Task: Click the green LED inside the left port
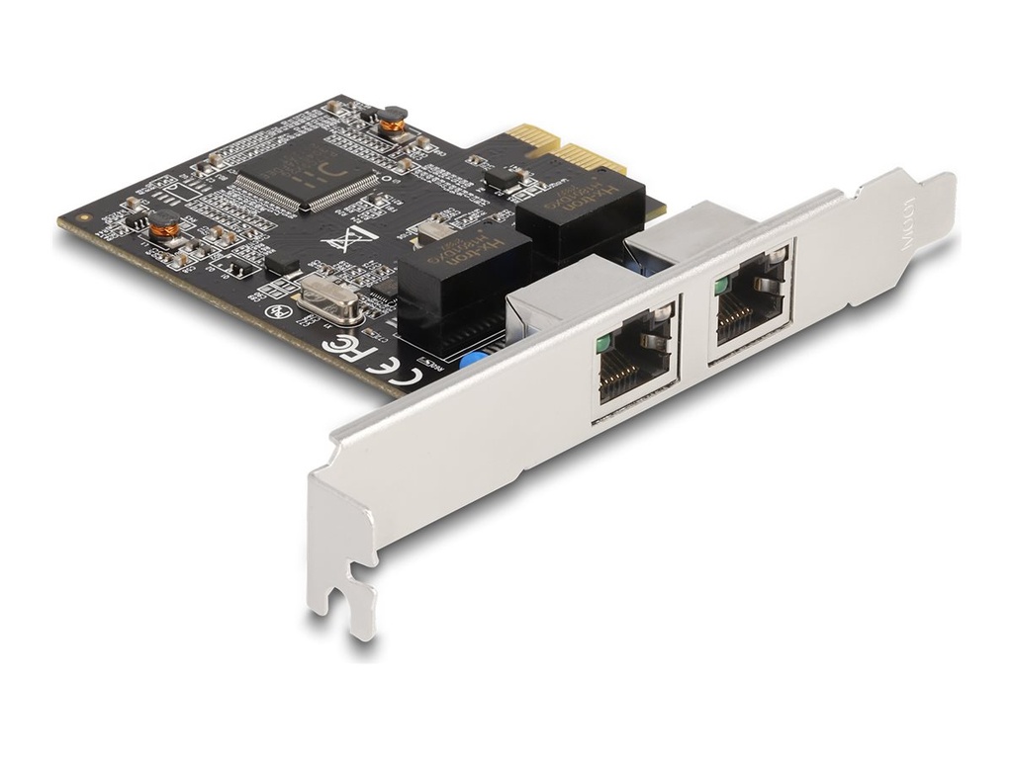point(603,344)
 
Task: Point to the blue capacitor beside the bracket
point(474,361)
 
